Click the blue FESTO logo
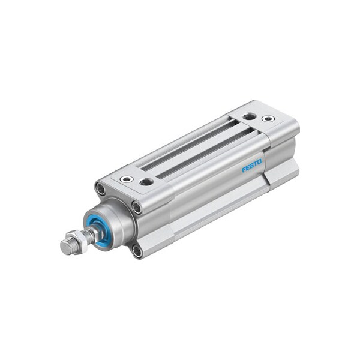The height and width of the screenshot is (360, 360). click(x=252, y=165)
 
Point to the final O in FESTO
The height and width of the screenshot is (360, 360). click(x=260, y=160)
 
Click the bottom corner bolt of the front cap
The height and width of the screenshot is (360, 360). click(x=137, y=251)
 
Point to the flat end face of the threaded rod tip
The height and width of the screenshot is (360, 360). click(x=64, y=247)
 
